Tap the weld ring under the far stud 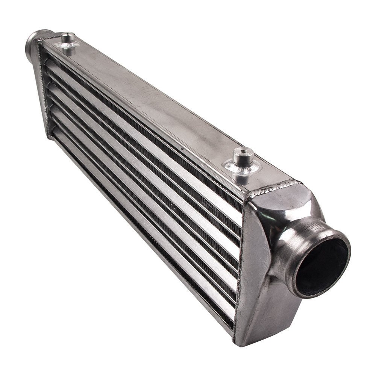coord(67,46)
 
